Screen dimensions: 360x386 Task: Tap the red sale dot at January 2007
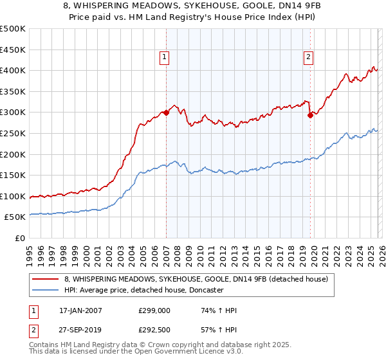[166, 113]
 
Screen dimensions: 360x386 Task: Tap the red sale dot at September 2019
[310, 116]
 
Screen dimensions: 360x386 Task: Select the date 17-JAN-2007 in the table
[80, 310]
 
